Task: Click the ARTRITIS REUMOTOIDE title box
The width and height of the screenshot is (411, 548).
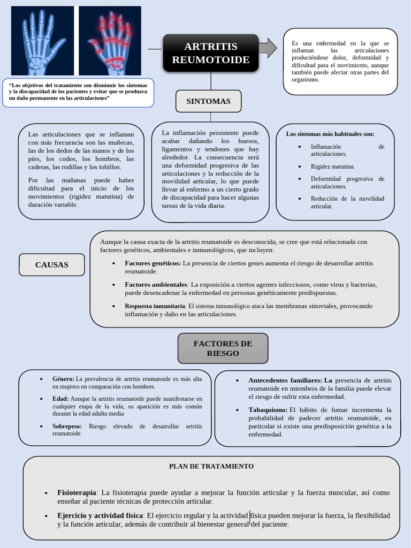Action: click(211, 52)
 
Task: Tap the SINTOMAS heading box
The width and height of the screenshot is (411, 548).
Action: click(208, 101)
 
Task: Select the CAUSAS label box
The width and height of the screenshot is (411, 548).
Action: click(52, 264)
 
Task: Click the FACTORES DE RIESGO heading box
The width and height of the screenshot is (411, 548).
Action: click(223, 348)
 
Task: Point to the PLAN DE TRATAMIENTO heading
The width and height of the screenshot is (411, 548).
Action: click(211, 466)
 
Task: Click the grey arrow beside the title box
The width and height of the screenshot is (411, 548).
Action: click(268, 48)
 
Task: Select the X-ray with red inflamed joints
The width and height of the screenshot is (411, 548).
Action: click(110, 41)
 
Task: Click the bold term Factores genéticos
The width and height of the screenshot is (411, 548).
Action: click(153, 263)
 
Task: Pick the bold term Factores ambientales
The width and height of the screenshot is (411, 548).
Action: click(156, 284)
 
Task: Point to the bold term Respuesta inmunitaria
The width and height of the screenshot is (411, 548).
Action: click(155, 306)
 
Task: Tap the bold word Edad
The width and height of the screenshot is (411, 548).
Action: click(60, 399)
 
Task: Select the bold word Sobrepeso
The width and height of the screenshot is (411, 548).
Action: click(67, 426)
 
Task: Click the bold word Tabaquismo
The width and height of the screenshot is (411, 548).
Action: click(268, 410)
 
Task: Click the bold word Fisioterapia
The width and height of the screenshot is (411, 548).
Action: click(77, 492)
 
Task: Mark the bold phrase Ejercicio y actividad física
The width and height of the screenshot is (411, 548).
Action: click(100, 515)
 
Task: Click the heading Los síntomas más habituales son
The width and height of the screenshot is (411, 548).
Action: click(330, 134)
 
